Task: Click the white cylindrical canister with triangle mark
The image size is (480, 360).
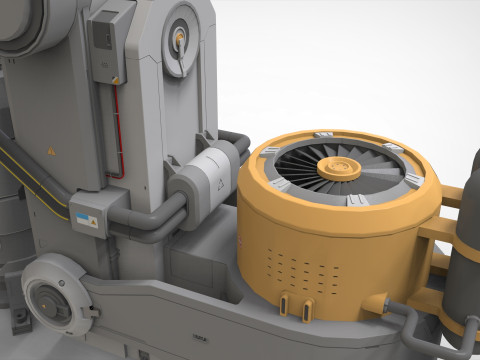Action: click(x=207, y=180)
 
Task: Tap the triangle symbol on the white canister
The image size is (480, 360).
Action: click(x=215, y=183)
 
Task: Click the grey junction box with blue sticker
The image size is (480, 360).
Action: click(x=89, y=216)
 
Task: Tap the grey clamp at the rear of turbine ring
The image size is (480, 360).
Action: click(x=322, y=135)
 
